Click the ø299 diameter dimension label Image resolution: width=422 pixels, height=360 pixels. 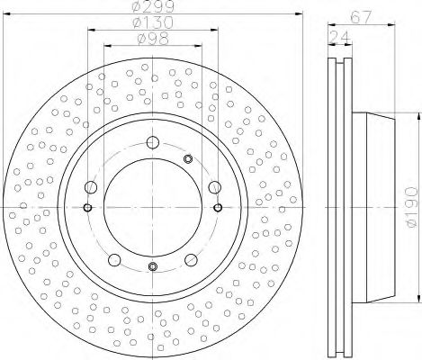(x=153, y=6)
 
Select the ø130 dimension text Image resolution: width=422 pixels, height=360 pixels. (x=153, y=22)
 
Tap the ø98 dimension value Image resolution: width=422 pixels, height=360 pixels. (x=153, y=39)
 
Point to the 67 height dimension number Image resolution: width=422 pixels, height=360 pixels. (x=361, y=17)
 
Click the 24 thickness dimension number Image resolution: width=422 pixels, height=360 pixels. (x=340, y=37)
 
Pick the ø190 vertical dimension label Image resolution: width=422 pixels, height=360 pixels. (x=413, y=207)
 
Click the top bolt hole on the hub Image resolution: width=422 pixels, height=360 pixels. (x=153, y=142)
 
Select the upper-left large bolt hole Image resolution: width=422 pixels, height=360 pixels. (x=91, y=187)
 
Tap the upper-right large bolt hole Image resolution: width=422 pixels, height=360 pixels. (x=215, y=187)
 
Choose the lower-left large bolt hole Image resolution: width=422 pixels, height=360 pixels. (x=114, y=260)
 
